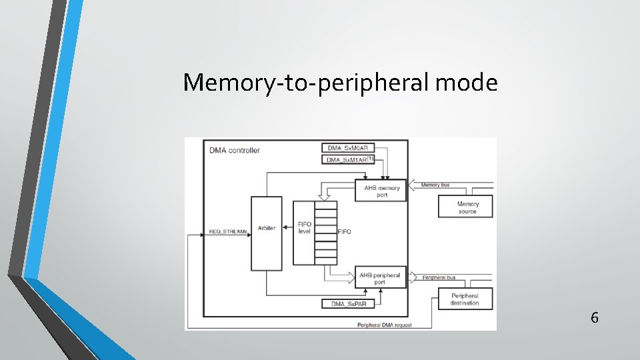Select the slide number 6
click(x=594, y=317)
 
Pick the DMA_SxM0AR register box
click(x=348, y=147)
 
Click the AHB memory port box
click(x=381, y=191)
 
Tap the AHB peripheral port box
click(x=380, y=278)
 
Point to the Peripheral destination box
click(x=465, y=299)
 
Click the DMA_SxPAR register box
click(x=348, y=304)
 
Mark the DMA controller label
click(x=235, y=151)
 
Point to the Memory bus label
click(x=435, y=185)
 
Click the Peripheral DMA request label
click(x=385, y=325)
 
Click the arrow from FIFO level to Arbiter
click(x=288, y=228)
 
